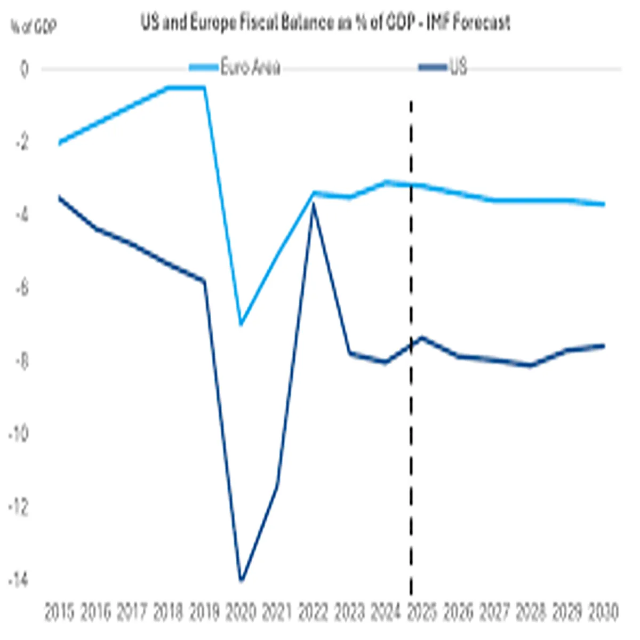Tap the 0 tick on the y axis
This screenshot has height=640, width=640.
(x=24, y=70)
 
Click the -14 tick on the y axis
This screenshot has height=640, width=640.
(x=19, y=580)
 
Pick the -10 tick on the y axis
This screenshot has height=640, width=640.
(x=19, y=434)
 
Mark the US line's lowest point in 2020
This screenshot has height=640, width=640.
(x=241, y=580)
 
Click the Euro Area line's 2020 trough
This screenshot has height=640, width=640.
(x=241, y=324)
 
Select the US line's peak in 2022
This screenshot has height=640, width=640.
(x=314, y=205)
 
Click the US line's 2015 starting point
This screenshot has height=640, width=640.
(x=59, y=197)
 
